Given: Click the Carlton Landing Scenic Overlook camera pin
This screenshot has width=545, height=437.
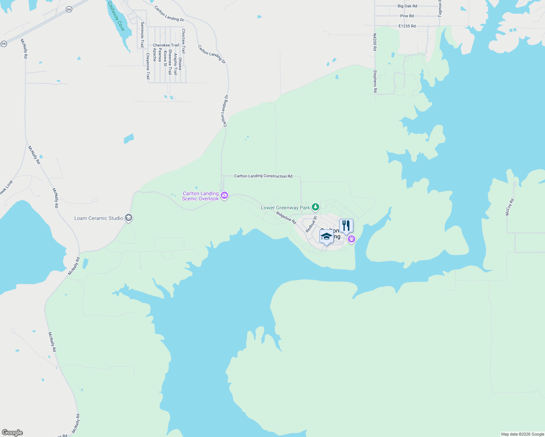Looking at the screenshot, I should pyautogui.click(x=224, y=196).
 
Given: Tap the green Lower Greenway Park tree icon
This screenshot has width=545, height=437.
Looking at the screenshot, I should pyautogui.click(x=315, y=207).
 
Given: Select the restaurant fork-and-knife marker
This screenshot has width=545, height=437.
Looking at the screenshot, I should pyautogui.click(x=346, y=226).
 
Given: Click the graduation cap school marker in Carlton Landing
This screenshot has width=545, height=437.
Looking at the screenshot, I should pyautogui.click(x=326, y=237).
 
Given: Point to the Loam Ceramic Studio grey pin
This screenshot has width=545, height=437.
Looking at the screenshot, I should pyautogui.click(x=128, y=218).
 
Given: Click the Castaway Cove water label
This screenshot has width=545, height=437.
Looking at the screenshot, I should pyautogui.click(x=116, y=16).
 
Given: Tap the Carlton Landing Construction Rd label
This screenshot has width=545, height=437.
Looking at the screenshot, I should pyautogui.click(x=263, y=176).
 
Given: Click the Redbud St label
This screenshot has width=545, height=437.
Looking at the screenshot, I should pyautogui.click(x=311, y=224).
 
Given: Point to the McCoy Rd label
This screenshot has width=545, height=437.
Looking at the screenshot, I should pyautogui.click(x=509, y=207).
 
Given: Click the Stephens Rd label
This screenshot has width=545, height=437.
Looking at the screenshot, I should pyautogui.click(x=375, y=81).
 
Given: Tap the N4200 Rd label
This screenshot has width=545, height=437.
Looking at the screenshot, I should pyautogui.click(x=375, y=42).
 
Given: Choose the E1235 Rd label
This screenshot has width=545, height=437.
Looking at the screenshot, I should pyautogui.click(x=407, y=26).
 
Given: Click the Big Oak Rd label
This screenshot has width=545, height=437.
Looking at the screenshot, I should pyautogui.click(x=407, y=6).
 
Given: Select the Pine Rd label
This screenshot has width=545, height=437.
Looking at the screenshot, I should pyautogui.click(x=407, y=16).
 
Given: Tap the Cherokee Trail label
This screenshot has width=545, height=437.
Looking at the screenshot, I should pyautogui.click(x=166, y=45).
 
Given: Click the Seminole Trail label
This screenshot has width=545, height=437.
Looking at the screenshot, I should pyautogui.click(x=142, y=34).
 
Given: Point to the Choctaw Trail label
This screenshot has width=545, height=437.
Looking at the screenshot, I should pyautogui.click(x=183, y=41).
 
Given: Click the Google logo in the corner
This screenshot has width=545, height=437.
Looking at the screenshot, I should pyautogui.click(x=12, y=433).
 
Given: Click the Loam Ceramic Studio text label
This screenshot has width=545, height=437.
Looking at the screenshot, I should pyautogui.click(x=99, y=218).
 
